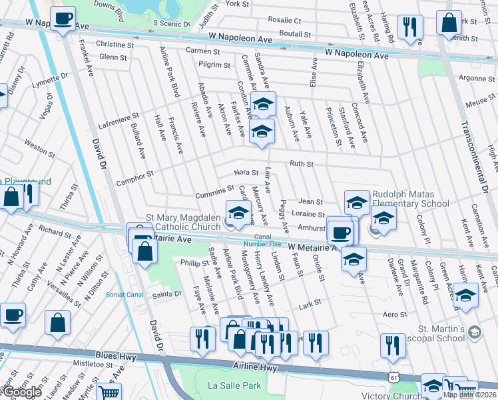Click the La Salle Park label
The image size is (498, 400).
pyautogui.click(x=234, y=385)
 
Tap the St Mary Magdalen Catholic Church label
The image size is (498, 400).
pyautogui.click(x=183, y=223)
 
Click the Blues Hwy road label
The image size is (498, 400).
pyautogui.click(x=109, y=358)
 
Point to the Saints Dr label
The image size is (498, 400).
pyautogui.click(x=167, y=294)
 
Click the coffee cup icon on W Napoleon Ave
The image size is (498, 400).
pyautogui.click(x=63, y=19)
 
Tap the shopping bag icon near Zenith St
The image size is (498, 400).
pyautogui.click(x=449, y=23)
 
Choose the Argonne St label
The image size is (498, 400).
pyautogui.click(x=477, y=78)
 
